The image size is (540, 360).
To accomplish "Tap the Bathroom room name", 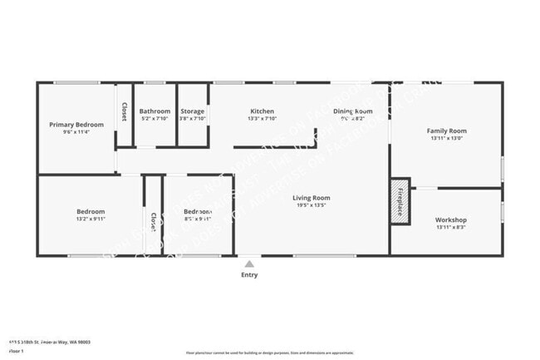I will click(x=155, y=111).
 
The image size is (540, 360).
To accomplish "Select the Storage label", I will click(x=193, y=111).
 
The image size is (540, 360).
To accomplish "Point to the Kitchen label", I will click(x=263, y=111).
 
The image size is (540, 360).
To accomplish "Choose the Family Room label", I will click(x=447, y=131).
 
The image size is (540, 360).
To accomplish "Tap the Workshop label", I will click(x=451, y=220).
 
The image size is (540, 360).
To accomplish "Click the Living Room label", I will click(x=312, y=198).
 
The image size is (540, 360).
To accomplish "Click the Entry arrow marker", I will click(x=249, y=264).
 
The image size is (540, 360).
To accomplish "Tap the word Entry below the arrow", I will click(x=249, y=274).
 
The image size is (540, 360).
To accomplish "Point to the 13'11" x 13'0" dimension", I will click(x=447, y=139).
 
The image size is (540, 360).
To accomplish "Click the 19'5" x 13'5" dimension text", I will click(x=312, y=206).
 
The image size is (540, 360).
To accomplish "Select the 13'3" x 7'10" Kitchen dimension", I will click(x=263, y=119).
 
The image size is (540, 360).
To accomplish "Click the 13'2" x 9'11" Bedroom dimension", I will click(x=91, y=219).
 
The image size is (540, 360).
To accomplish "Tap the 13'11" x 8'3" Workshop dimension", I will click(x=451, y=228).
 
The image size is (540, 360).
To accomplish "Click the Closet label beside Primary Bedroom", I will click(x=125, y=112).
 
